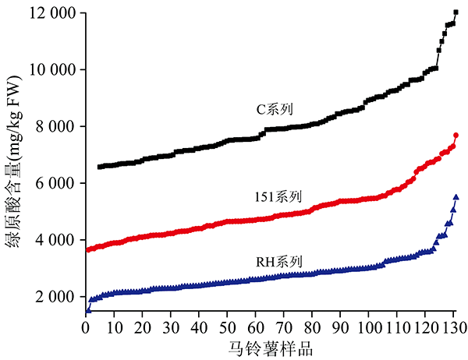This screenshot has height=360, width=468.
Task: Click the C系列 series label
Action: click(275, 109)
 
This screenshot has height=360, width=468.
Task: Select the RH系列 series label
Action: click(283, 260)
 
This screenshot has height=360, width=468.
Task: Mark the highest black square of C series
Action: click(456, 12)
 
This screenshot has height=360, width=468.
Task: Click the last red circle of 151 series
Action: click(456, 136)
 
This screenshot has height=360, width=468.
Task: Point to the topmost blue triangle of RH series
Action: click(456, 197)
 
